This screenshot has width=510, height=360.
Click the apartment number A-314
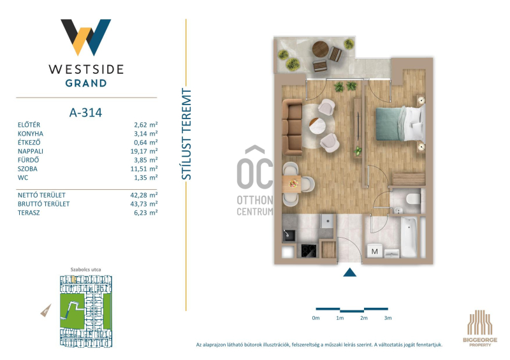(x=85, y=113)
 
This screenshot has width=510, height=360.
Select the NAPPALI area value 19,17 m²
(x=146, y=151)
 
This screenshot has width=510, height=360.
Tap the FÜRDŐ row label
(x=28, y=160)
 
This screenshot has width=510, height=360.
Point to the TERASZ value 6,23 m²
(x=146, y=213)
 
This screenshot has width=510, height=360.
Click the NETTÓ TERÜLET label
(x=41, y=195)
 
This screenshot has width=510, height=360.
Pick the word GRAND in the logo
(x=86, y=83)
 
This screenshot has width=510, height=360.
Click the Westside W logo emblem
(x=86, y=37)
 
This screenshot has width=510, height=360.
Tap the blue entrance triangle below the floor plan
(x=349, y=272)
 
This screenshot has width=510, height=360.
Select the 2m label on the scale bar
(x=363, y=318)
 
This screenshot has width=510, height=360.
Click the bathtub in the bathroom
(x=409, y=237)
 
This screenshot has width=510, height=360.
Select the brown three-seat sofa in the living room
(x=292, y=127)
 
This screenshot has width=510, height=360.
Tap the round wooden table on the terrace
(x=321, y=49)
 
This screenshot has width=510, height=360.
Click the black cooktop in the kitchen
(x=309, y=251)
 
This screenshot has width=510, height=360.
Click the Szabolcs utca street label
(x=85, y=270)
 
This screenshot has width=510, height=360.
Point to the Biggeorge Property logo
(x=480, y=328)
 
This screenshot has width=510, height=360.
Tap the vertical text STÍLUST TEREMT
(x=186, y=134)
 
